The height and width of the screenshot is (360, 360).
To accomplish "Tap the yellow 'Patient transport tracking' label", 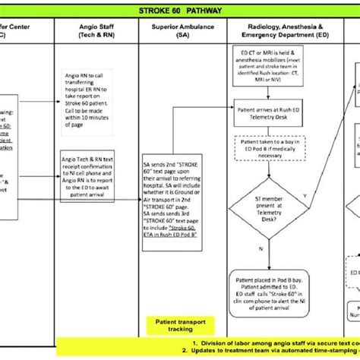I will (x=173, y=324).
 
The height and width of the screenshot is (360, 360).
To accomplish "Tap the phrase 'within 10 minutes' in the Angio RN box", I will (x=89, y=118).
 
